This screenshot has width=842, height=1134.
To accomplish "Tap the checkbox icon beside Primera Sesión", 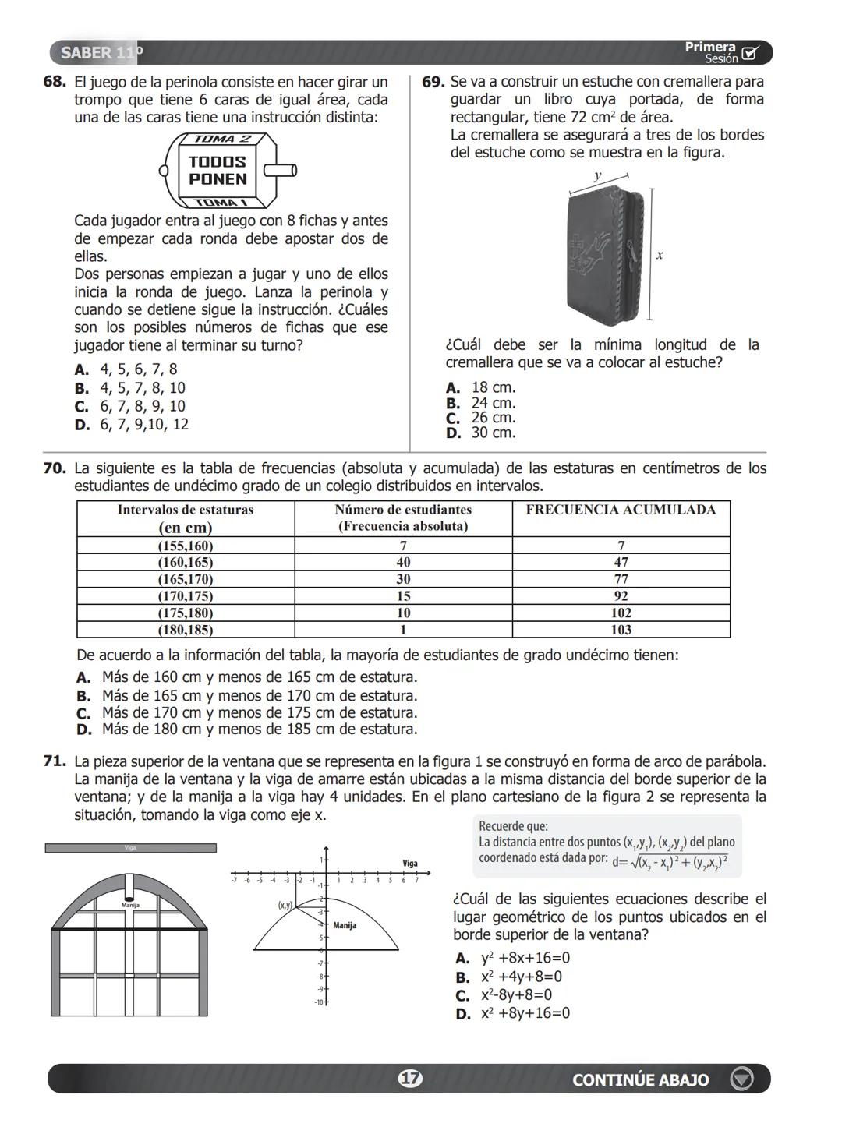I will pyautogui.click(x=750, y=54).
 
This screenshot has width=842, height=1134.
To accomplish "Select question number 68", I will pyautogui.click(x=54, y=82).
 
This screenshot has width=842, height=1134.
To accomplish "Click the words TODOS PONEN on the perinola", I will pyautogui.click(x=218, y=171).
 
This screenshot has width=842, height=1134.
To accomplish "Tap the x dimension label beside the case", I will pyautogui.click(x=660, y=255).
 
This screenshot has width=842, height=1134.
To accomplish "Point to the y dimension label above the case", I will pyautogui.click(x=597, y=176).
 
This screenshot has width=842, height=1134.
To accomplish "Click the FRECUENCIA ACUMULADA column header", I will pyautogui.click(x=621, y=510).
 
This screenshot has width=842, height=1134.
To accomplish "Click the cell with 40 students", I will pyautogui.click(x=403, y=562).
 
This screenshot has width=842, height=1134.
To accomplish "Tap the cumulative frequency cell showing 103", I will pyautogui.click(x=621, y=630).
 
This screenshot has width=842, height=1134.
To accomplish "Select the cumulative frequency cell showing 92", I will pyautogui.click(x=621, y=596).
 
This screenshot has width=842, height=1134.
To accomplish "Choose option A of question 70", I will pyautogui.click(x=247, y=677).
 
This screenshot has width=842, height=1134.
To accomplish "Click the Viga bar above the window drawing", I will pyautogui.click(x=130, y=848).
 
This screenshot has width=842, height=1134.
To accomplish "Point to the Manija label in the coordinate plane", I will pyautogui.click(x=344, y=925).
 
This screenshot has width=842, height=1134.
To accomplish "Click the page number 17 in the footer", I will pyautogui.click(x=410, y=1079).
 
